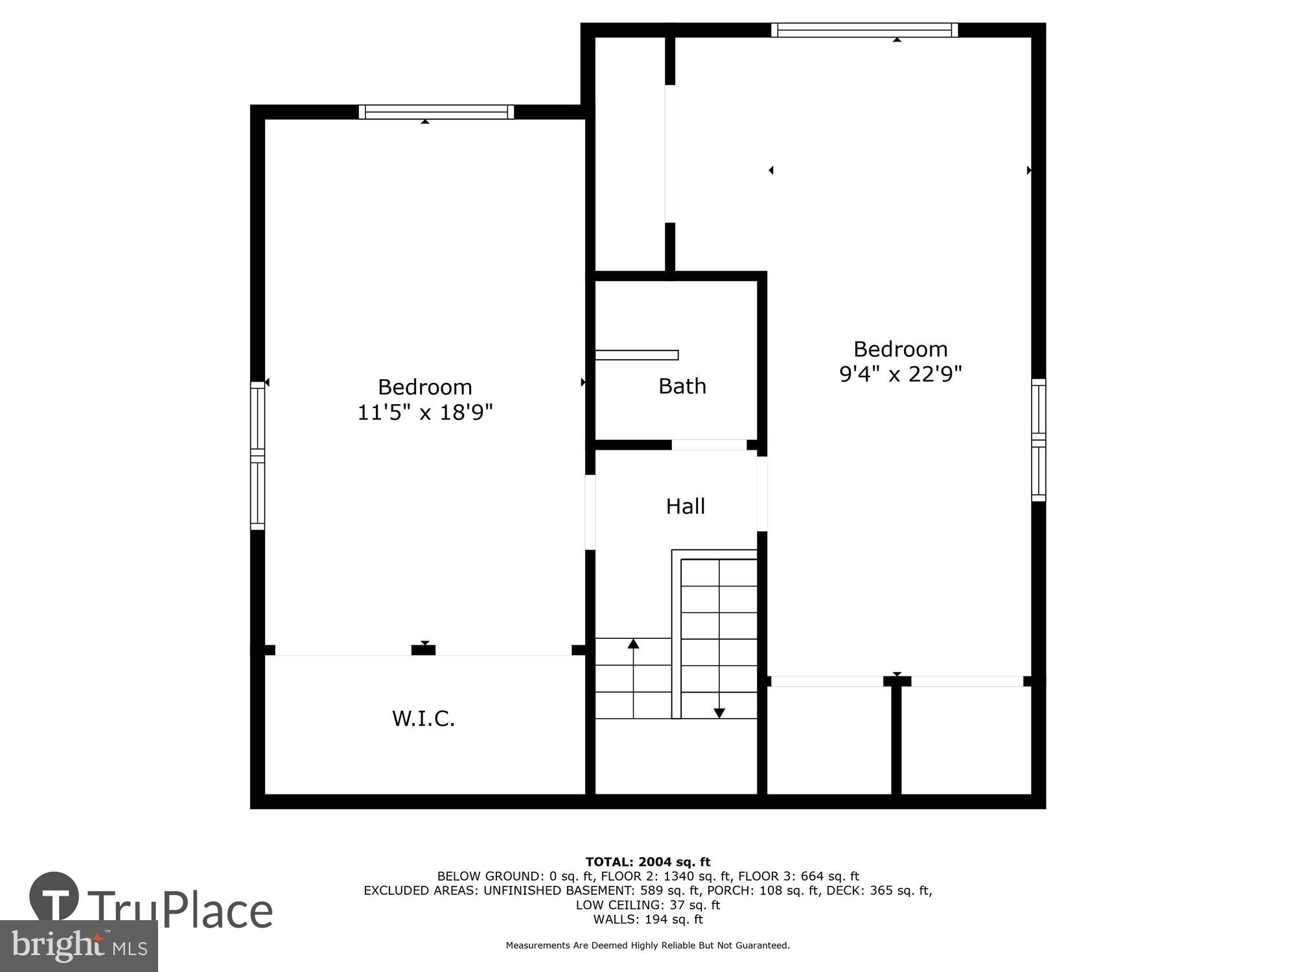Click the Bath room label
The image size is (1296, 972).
tap(682, 386)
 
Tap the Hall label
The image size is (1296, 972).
tap(685, 506)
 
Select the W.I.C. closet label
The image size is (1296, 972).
tap(423, 719)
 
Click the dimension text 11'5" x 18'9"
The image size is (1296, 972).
tap(425, 412)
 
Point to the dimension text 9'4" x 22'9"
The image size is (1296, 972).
tap(900, 374)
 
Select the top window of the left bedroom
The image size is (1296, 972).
tap(436, 112)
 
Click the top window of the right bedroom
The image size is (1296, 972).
tap(864, 30)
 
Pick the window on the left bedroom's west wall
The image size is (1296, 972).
tap(257, 456)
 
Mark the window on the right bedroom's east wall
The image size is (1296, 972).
tap(1038, 440)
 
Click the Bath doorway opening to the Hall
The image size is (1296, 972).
tap(708, 445)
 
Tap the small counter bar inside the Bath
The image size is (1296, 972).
tap(636, 354)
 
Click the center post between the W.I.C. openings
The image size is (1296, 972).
tap(423, 650)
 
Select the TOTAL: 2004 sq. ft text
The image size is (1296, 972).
tap(647, 862)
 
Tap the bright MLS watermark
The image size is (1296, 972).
tap(78, 945)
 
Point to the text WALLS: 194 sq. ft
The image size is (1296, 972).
tap(647, 919)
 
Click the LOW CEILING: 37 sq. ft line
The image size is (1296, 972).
tap(647, 905)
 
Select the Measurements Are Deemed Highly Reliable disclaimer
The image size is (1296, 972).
tap(647, 945)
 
